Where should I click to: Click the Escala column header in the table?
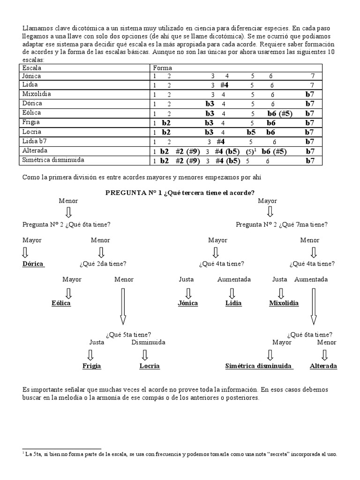(32, 67)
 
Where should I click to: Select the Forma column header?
(162, 67)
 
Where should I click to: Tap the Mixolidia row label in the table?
(37, 94)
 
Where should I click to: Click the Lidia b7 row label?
(36, 141)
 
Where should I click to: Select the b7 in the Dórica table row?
(310, 104)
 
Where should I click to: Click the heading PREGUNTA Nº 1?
(180, 193)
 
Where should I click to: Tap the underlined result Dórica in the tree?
(33, 264)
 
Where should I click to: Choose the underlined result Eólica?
(61, 303)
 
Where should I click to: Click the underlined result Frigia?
(92, 366)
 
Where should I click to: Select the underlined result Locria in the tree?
(150, 366)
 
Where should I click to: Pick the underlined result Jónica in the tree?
(188, 303)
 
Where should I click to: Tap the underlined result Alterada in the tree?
(323, 366)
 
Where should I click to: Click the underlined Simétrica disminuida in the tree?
(259, 366)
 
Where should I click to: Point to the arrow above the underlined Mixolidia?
(280, 293)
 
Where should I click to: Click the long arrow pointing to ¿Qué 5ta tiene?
(123, 307)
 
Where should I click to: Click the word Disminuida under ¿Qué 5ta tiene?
(148, 342)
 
